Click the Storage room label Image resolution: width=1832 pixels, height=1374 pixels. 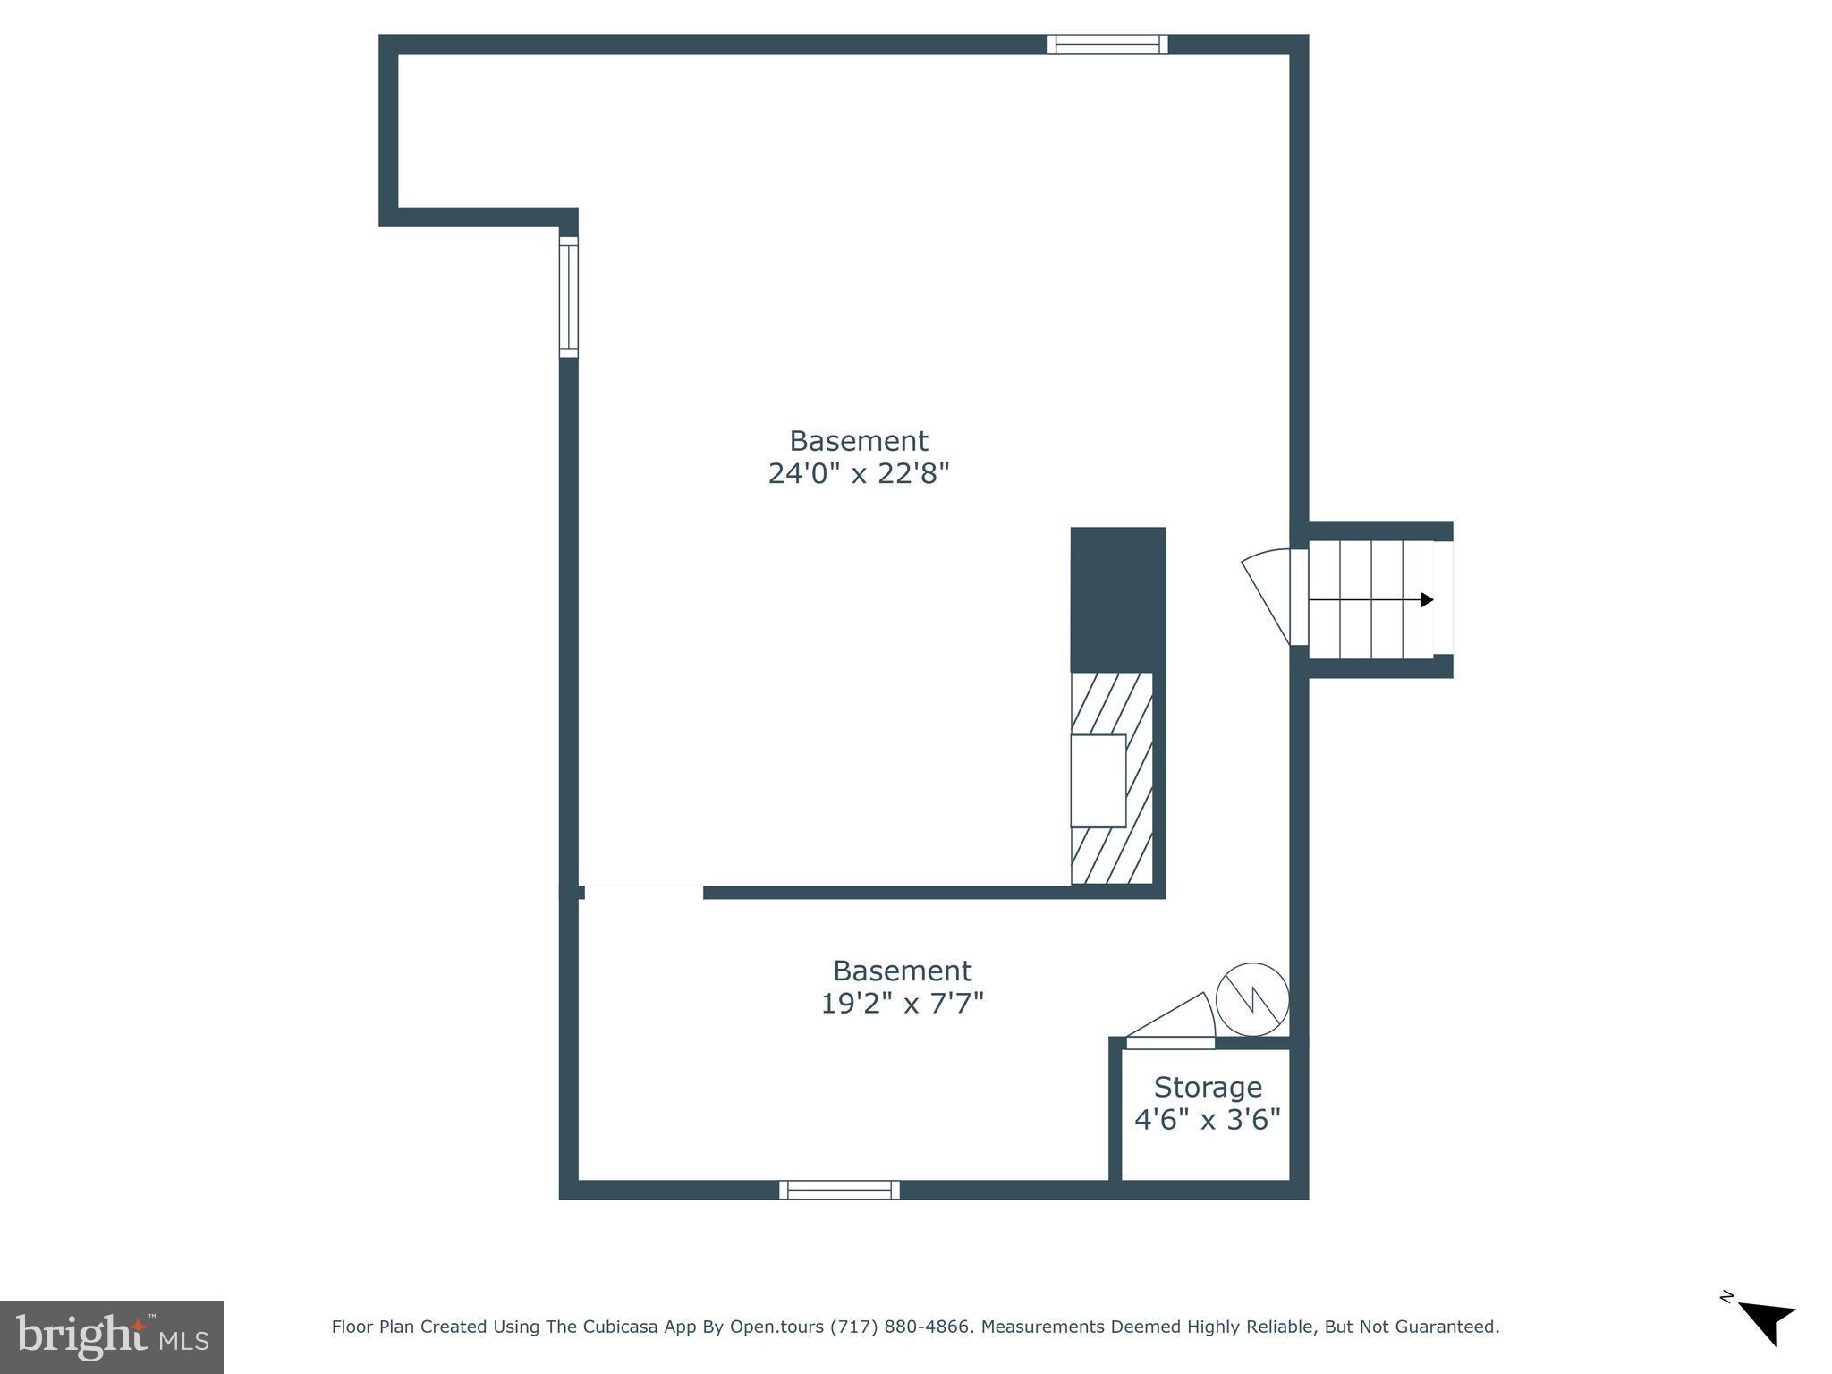(1208, 1087)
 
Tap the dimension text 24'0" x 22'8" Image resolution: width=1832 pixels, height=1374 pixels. (859, 473)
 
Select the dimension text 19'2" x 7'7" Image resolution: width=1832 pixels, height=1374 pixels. (902, 1004)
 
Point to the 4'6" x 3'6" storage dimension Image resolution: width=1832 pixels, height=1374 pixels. (1208, 1119)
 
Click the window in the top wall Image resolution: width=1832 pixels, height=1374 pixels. (1107, 44)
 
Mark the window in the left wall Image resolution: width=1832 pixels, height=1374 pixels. (569, 297)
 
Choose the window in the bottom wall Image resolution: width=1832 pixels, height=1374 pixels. (839, 1190)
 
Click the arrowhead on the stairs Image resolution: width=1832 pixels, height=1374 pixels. (1426, 599)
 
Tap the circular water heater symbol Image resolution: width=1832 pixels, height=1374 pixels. (1252, 999)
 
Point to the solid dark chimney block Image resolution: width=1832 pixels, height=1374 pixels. (1118, 599)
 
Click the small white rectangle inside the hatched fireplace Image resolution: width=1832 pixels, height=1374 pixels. (1098, 780)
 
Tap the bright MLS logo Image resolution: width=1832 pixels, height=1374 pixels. (112, 1337)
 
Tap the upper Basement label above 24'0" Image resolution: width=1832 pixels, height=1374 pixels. (859, 441)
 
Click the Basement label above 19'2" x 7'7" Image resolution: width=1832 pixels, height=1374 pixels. (902, 971)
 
